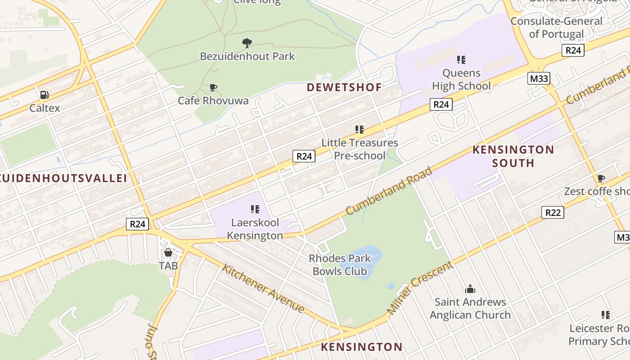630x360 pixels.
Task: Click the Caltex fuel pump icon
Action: [x=44, y=95]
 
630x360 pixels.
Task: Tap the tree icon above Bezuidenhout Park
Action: [x=247, y=43]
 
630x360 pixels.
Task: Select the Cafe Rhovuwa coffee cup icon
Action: [x=213, y=87]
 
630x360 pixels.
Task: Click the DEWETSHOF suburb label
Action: [x=344, y=87]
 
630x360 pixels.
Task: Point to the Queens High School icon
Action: [x=461, y=59]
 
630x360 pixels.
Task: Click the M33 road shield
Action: [x=539, y=79]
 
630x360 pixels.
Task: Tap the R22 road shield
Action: [x=552, y=212]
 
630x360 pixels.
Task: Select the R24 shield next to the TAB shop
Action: [x=137, y=224]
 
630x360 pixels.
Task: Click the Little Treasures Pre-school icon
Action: [x=359, y=130]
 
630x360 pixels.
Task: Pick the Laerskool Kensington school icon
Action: [x=255, y=209]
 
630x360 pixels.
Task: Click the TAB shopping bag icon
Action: [x=168, y=252]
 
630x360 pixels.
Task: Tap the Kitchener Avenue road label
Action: [x=263, y=288]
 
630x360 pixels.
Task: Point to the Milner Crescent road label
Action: [x=420, y=288]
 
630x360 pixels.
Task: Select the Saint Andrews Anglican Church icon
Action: [x=470, y=289]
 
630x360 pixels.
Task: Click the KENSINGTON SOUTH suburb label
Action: [x=513, y=156]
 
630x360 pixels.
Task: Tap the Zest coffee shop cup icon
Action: [x=601, y=178]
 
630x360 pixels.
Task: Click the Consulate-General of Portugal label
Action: [x=556, y=27]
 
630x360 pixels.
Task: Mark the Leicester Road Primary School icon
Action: [x=606, y=315]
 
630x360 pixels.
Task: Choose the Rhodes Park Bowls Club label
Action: [x=340, y=265]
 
